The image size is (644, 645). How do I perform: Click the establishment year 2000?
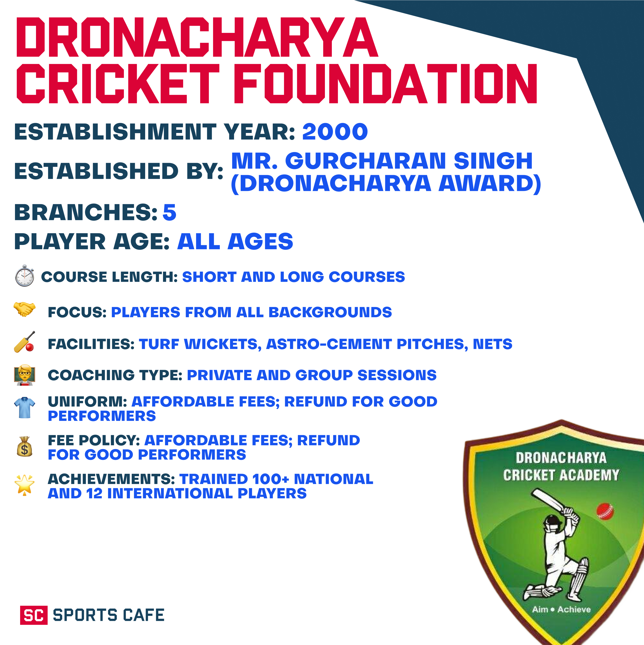(335, 132)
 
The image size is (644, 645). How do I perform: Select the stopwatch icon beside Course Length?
(24, 276)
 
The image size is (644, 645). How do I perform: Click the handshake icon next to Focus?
(24, 309)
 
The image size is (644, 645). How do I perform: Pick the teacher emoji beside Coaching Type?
(24, 375)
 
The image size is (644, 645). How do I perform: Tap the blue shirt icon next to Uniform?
(24, 407)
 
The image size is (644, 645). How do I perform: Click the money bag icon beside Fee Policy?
(24, 447)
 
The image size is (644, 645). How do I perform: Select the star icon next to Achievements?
(24, 485)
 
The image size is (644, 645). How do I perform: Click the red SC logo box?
(34, 615)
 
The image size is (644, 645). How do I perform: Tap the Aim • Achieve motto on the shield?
(561, 609)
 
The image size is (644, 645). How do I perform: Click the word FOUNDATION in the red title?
(387, 84)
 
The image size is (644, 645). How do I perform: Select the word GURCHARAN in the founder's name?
(366, 161)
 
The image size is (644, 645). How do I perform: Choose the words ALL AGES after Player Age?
(235, 242)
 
